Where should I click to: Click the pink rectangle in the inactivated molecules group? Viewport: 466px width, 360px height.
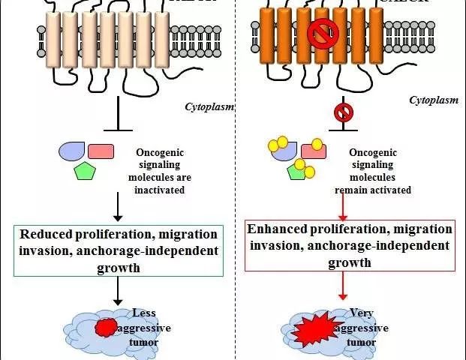(101, 151)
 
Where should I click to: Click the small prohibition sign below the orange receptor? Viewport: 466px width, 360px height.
(343, 112)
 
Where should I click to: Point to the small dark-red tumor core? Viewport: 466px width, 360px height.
(107, 327)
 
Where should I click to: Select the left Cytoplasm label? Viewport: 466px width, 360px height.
(209, 107)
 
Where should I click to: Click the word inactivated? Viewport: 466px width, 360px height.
(158, 190)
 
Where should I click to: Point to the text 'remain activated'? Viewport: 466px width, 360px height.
(373, 190)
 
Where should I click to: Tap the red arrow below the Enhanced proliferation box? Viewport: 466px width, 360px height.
(343, 285)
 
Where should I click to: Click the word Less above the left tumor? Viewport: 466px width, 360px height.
(144, 313)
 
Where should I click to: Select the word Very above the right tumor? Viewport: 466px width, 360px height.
(362, 313)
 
